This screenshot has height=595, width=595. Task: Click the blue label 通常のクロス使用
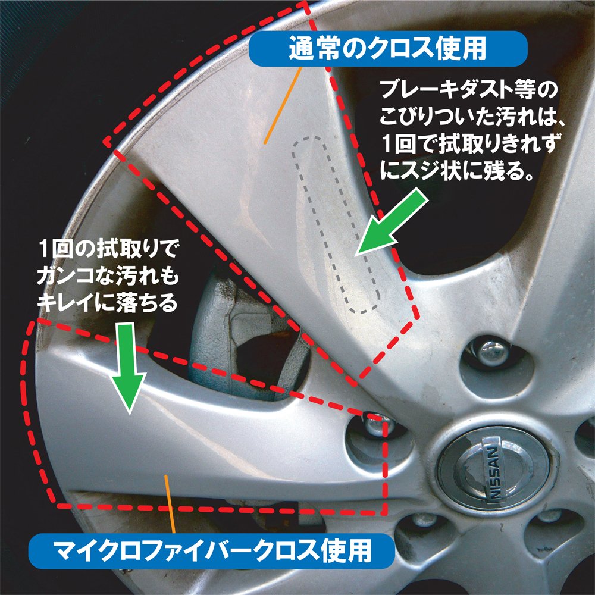[x=388, y=48]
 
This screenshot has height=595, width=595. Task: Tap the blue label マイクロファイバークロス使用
[x=212, y=551]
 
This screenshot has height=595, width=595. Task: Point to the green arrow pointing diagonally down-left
[x=392, y=222]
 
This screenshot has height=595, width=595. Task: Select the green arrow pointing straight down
[x=129, y=367]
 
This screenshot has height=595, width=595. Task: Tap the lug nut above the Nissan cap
[x=493, y=352]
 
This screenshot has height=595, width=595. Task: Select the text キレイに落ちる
[x=108, y=302]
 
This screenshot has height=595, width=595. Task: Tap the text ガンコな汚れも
[x=108, y=276]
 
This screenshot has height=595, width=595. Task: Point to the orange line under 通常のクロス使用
[x=283, y=105]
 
